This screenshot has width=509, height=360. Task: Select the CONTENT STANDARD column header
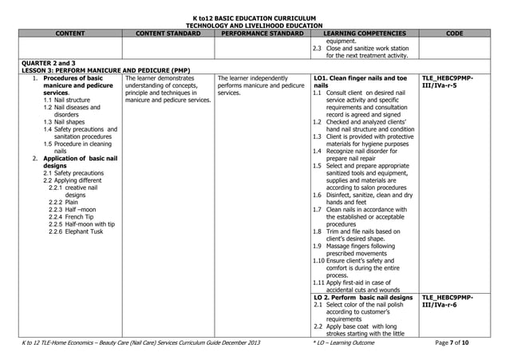click(x=167, y=34)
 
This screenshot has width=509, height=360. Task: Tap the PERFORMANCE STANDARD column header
click(x=262, y=34)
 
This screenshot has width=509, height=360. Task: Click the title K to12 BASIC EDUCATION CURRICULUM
click(x=254, y=18)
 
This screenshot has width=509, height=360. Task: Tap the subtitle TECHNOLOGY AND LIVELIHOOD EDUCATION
click(x=254, y=26)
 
